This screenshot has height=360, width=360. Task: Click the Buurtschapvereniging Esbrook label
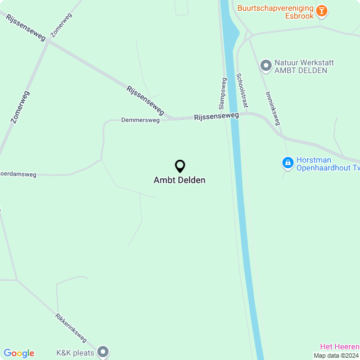coord(274,12)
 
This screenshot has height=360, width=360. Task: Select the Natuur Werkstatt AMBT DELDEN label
coord(304,66)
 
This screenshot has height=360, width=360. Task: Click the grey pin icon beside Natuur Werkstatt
coord(266,66)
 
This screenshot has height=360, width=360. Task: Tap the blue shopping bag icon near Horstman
coord(287,163)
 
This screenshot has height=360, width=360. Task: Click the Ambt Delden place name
coord(179,181)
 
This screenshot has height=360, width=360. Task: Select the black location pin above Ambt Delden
coord(180,166)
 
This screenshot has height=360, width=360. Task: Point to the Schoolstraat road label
coord(241,90)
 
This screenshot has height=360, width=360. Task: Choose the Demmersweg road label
coord(141,120)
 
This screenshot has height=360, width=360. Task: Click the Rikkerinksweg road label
coord(71,327)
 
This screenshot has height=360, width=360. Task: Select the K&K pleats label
coord(74,353)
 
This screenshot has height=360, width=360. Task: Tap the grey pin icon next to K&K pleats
coord(103,352)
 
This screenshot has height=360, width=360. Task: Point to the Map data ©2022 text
coord(336,355)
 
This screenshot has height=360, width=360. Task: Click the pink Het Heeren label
coord(340,346)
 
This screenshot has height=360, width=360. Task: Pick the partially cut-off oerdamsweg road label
coord(18,174)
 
